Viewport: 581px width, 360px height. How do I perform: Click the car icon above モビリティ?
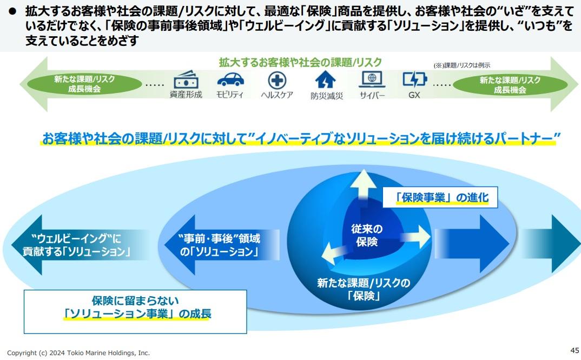(230, 79)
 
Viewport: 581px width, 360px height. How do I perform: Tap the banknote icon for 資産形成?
(186, 79)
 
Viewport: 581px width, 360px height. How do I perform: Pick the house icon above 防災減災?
(325, 79)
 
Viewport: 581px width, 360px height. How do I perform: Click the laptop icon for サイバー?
(372, 79)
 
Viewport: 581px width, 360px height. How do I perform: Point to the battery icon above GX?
(414, 79)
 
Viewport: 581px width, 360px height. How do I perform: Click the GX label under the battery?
(414, 95)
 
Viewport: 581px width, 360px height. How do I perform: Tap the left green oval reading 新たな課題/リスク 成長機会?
(84, 84)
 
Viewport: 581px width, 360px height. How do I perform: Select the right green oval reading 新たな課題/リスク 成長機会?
(510, 85)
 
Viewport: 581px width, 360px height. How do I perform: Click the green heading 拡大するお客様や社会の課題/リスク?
(300, 62)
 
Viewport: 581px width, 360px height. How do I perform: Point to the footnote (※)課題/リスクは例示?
(461, 65)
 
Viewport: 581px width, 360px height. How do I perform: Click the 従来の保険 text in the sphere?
(366, 235)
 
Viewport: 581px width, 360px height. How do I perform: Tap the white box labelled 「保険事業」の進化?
(440, 197)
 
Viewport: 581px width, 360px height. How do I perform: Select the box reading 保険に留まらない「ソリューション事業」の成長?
(135, 312)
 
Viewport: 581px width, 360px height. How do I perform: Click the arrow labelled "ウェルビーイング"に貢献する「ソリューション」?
(80, 245)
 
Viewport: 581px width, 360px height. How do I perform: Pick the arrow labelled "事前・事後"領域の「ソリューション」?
(222, 245)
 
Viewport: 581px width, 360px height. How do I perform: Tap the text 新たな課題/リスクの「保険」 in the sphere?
(364, 289)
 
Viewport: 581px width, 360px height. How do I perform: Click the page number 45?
(575, 350)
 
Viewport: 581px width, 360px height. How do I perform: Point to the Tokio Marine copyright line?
(78, 353)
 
